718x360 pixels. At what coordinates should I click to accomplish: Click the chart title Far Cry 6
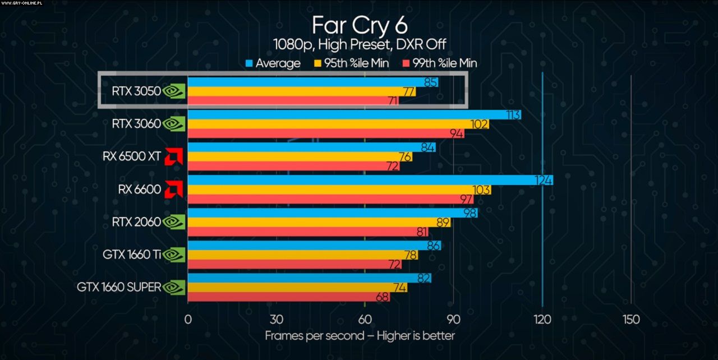click(x=360, y=25)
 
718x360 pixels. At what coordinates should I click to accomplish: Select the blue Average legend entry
click(x=273, y=63)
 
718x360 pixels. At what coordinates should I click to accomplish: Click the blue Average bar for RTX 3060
click(x=353, y=114)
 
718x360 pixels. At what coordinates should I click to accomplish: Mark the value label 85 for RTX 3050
click(x=431, y=82)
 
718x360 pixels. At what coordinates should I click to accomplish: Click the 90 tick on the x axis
click(x=453, y=320)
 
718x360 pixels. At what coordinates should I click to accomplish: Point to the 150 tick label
click(x=631, y=320)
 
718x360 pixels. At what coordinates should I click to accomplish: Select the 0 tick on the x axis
click(x=188, y=320)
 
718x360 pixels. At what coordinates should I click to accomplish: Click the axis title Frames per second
click(x=360, y=336)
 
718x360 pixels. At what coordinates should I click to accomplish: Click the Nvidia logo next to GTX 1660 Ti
click(x=174, y=255)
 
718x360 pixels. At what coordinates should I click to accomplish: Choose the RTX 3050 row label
click(x=136, y=91)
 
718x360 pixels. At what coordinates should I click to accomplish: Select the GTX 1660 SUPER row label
click(x=119, y=288)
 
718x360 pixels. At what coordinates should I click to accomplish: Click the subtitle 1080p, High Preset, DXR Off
click(x=360, y=44)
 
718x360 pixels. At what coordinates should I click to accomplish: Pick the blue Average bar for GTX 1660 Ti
click(x=314, y=246)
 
